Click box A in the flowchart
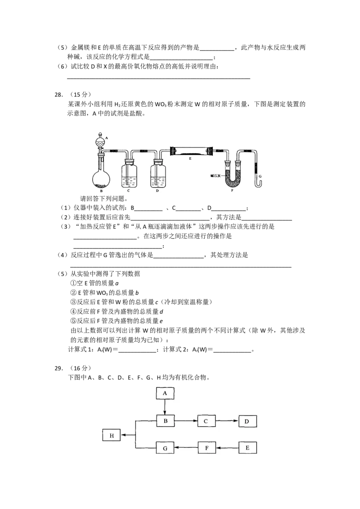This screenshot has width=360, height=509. (165, 393)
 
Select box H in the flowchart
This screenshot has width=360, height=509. (111, 435)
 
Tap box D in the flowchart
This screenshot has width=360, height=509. (247, 421)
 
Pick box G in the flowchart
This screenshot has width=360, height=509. (165, 448)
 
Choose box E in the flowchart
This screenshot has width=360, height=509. (247, 448)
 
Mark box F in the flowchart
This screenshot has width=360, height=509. (207, 448)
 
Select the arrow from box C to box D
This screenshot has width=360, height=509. (227, 421)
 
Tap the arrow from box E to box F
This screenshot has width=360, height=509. (227, 448)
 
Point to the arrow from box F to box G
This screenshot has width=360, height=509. (186, 448)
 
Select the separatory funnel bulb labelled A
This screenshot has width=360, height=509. (101, 140)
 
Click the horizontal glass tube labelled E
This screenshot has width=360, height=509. (190, 151)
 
